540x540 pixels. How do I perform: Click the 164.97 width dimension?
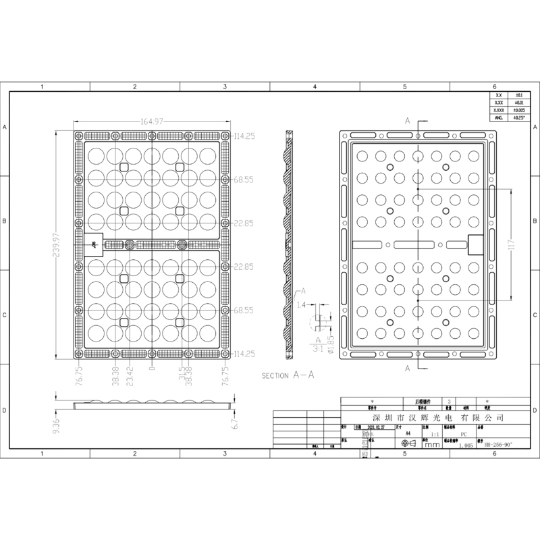(153, 122)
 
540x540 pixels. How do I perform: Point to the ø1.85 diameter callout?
(331, 342)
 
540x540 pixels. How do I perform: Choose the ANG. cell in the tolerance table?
(499, 117)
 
